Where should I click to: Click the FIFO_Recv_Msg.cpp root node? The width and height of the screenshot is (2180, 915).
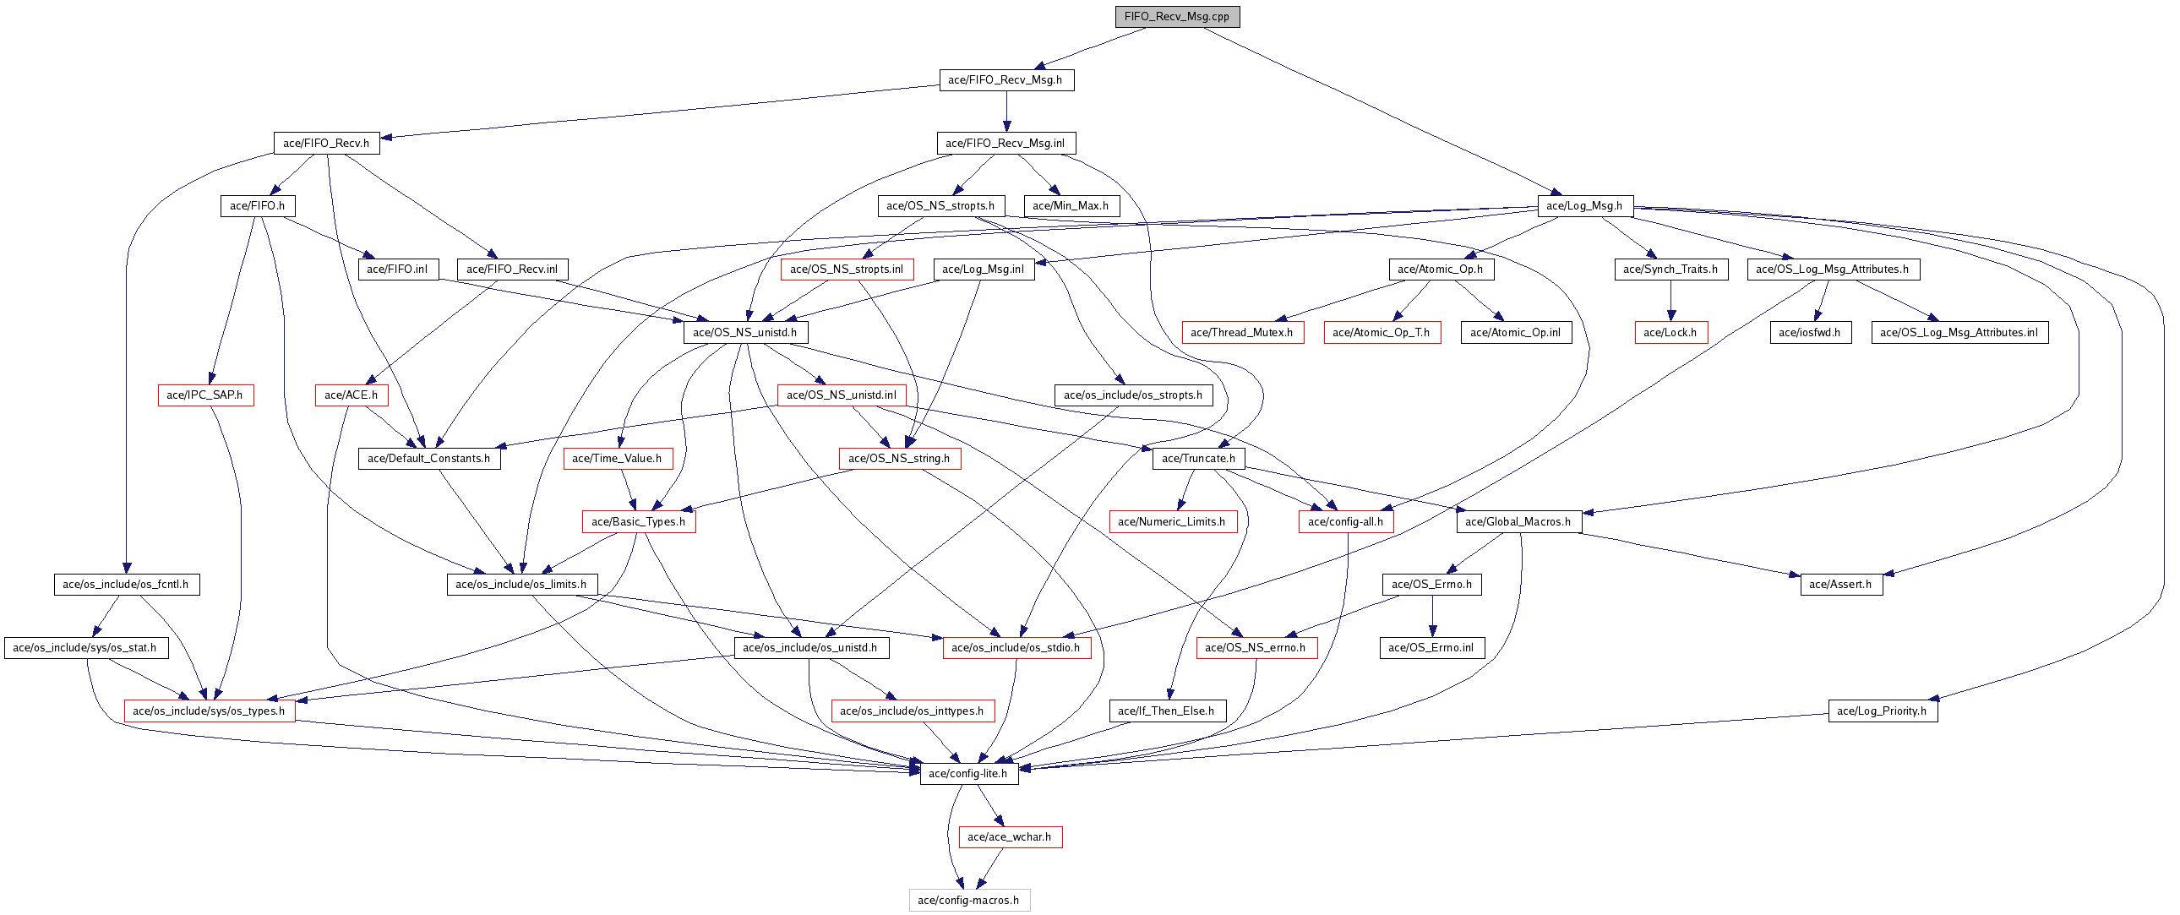[1176, 16]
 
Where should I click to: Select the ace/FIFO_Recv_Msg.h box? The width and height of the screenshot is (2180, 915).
[1006, 79]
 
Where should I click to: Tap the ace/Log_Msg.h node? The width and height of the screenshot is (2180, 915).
[1583, 205]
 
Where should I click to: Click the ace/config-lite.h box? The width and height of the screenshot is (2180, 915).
[968, 774]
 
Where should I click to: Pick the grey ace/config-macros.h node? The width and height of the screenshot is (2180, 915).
[968, 900]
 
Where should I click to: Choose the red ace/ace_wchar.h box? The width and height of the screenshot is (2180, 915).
[1010, 837]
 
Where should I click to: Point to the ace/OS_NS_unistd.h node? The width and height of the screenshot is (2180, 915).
[744, 333]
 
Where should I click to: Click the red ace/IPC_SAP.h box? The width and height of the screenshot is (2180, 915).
[204, 395]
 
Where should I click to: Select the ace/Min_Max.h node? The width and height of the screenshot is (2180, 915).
[1071, 205]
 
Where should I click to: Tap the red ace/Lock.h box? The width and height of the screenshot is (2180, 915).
[1670, 333]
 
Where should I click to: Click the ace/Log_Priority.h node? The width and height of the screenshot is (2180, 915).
[1881, 711]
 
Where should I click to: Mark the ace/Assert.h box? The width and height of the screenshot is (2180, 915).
[1839, 584]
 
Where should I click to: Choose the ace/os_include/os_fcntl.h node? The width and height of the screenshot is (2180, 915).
[126, 584]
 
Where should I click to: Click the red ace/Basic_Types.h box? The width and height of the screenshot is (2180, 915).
[638, 521]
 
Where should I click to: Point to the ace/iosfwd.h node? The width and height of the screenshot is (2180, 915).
[1809, 333]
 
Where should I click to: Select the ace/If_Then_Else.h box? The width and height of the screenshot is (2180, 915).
[1166, 711]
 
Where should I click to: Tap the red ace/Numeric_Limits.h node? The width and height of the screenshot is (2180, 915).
[1172, 521]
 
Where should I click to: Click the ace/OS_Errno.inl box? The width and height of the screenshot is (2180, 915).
[1431, 647]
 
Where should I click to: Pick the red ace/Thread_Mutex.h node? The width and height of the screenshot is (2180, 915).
[1241, 333]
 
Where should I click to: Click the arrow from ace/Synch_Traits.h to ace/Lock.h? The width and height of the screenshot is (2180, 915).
[1670, 301]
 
